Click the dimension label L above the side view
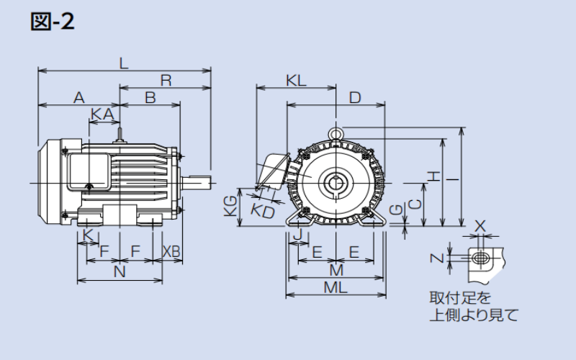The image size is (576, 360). pos(124,63)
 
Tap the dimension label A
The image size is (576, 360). pos(79,97)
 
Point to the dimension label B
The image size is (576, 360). pos(150,97)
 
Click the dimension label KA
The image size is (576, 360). pos(102,114)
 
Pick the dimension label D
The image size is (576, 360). pos(355,97)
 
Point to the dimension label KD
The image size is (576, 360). pos(263,211)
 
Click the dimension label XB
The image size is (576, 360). pos(171,251)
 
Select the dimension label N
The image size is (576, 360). pos(120,271)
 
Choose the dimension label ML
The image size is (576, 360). pos(336,287)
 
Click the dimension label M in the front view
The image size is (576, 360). pos(336,270)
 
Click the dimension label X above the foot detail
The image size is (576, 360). pos(480,226)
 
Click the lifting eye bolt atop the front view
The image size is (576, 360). pos(336,133)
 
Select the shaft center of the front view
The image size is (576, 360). pos(336,181)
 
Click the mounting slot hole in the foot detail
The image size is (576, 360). pos(480,258)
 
